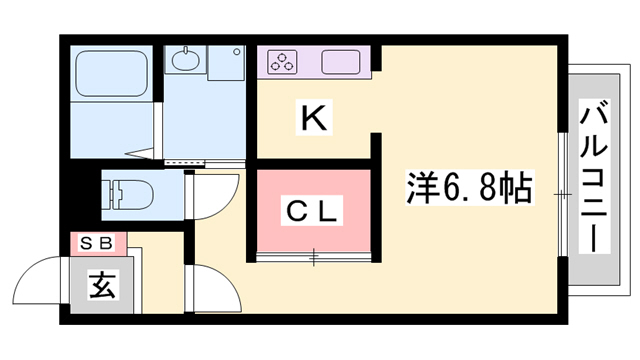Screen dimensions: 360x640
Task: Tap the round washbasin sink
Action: coord(186,62)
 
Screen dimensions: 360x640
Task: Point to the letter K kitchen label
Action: coord(312,119)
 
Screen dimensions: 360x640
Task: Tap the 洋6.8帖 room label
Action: coord(468,185)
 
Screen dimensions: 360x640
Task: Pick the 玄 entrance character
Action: coord(101,286)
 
